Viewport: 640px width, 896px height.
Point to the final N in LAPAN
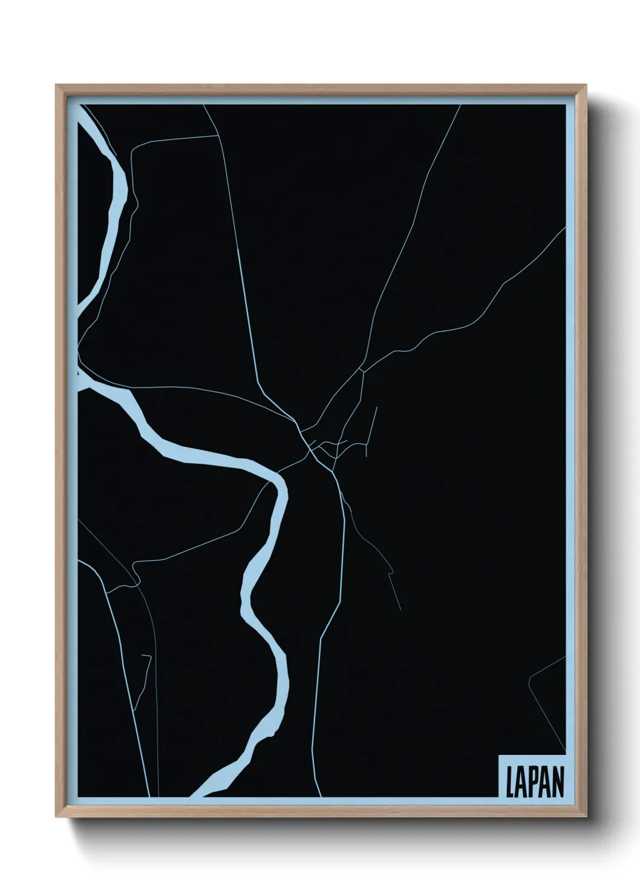point(558,782)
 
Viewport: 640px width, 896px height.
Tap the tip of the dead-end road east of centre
point(377,407)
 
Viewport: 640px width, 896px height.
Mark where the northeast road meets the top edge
point(461,105)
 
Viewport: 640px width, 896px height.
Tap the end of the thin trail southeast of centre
point(400,609)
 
